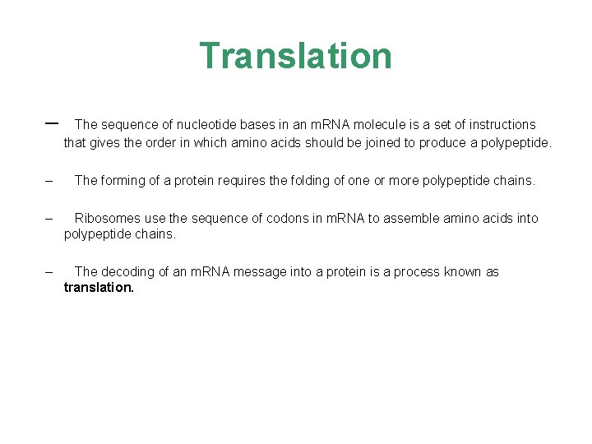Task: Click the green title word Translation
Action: click(296, 56)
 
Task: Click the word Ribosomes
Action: click(106, 219)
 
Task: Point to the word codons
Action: click(284, 219)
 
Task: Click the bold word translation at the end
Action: click(99, 289)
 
